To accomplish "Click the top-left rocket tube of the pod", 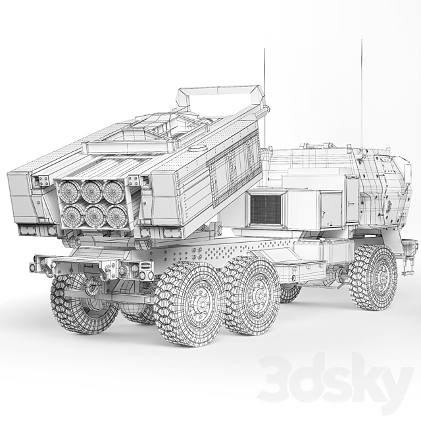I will [68, 192].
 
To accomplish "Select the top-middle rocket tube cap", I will [91, 191].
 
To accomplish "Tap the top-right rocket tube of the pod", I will [113, 191].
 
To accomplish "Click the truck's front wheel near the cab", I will [373, 277].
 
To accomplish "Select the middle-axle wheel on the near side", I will [251, 294].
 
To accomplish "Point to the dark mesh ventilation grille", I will [266, 210].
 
